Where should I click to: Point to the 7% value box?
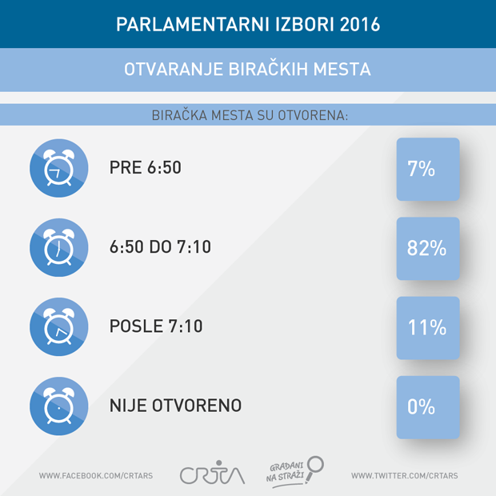point(428,170)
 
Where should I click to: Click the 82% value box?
point(428,248)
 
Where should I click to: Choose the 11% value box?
point(428,327)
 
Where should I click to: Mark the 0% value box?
point(428,406)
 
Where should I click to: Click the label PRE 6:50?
point(146,169)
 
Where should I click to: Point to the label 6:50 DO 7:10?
point(160,248)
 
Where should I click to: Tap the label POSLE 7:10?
point(156,327)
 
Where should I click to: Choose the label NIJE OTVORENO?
point(175,406)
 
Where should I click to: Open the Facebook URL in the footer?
point(95,476)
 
